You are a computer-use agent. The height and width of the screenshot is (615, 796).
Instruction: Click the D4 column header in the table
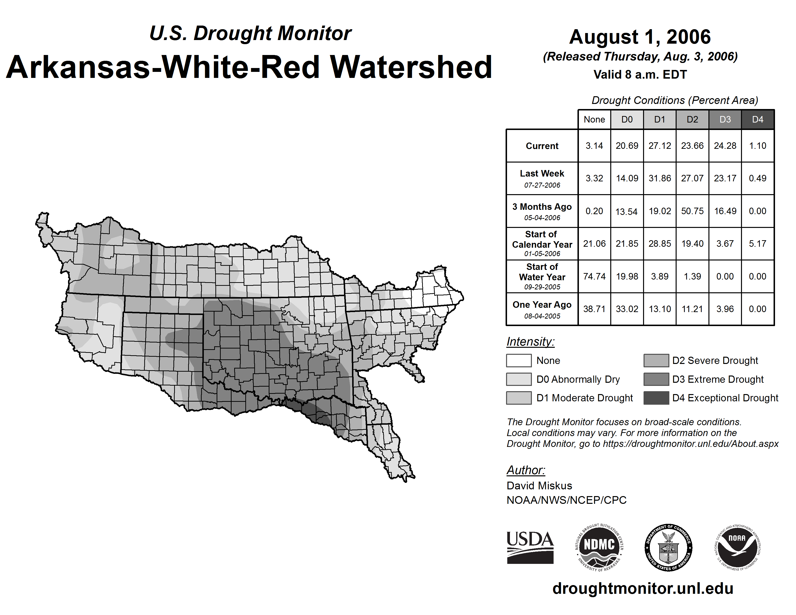tap(757, 119)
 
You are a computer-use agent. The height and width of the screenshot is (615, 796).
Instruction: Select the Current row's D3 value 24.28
tap(725, 146)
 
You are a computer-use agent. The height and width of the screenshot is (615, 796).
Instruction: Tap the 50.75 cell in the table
tap(692, 211)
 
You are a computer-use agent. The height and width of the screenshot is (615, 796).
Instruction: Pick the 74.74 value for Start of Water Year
tap(594, 276)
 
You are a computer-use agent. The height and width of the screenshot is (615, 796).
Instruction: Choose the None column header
tap(594, 119)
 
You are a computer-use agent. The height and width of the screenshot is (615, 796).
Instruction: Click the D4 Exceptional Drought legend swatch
tap(656, 398)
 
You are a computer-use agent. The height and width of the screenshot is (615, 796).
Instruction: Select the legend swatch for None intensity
tap(519, 360)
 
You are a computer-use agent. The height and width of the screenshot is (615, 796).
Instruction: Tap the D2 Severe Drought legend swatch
tap(656, 360)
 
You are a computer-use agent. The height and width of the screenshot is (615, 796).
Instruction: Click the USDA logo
tap(530, 547)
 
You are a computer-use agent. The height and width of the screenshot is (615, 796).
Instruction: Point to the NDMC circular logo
tap(599, 547)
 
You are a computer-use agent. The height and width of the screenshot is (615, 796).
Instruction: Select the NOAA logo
tap(737, 547)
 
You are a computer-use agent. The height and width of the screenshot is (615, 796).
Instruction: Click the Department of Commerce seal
tap(668, 547)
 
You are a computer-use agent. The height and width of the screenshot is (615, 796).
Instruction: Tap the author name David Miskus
tap(539, 486)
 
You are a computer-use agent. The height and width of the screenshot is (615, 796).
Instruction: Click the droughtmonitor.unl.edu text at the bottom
tap(643, 588)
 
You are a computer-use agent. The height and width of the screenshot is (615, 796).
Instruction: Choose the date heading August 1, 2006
tap(640, 37)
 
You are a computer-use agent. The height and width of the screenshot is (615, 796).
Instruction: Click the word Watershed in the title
tap(411, 67)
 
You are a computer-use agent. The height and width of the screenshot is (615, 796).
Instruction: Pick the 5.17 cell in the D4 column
tap(757, 243)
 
